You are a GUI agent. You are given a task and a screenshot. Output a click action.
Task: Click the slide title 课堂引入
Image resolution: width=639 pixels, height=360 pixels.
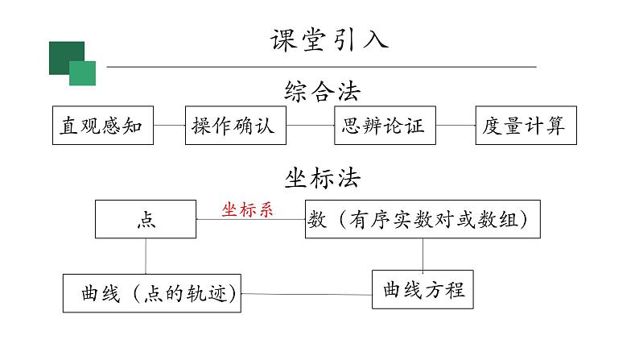328,39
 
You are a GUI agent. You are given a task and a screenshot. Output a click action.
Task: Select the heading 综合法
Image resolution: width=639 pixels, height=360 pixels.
322,91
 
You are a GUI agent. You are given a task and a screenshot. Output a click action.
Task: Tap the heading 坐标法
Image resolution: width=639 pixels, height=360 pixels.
322,178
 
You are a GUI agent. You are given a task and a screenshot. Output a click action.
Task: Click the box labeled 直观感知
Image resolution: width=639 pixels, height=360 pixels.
102,125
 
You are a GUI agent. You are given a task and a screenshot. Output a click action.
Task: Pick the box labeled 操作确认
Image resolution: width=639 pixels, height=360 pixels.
235,125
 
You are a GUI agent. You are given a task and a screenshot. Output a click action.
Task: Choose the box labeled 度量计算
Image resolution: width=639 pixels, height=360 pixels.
525,125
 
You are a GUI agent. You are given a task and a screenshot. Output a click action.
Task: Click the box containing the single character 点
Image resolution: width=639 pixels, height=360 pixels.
146,219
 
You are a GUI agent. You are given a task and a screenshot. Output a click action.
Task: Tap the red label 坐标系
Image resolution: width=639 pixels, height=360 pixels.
248,210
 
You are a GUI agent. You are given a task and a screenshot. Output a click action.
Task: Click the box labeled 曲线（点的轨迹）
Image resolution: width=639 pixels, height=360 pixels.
153,293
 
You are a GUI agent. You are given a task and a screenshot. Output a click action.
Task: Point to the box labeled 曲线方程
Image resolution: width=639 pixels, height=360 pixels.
423,289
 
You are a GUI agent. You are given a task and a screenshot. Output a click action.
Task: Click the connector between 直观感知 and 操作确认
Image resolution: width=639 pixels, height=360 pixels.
169,125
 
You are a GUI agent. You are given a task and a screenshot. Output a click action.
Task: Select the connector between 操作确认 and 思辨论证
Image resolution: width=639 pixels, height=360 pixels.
310,125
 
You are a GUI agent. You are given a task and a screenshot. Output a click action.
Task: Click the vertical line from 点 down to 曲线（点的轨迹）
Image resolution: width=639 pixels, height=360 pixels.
146,256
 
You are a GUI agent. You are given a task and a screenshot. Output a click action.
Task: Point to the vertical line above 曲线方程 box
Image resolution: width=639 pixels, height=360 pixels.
423,254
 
